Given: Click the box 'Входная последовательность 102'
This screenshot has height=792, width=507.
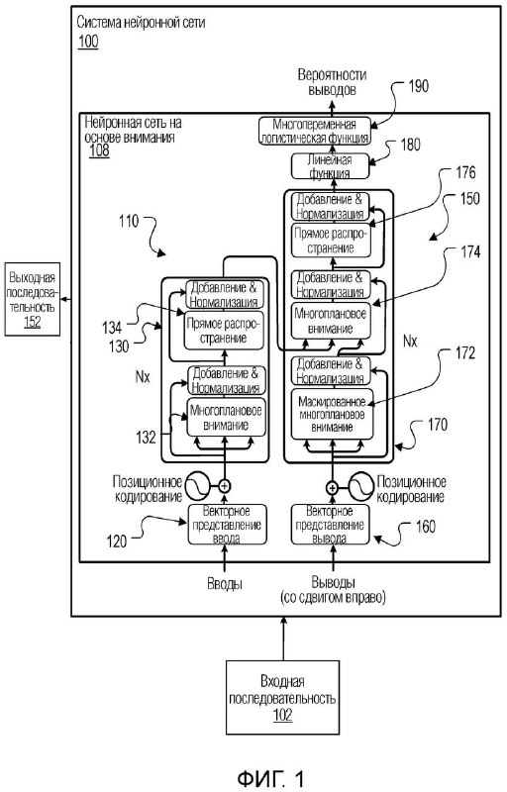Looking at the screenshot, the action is [282, 697].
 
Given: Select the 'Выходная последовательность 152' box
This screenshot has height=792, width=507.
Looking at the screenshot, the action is [33, 299].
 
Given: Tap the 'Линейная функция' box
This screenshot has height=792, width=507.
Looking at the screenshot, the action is [331, 166].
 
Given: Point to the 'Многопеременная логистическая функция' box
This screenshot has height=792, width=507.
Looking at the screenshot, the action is [315, 131].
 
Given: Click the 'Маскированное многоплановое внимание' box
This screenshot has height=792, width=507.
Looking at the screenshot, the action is [333, 414].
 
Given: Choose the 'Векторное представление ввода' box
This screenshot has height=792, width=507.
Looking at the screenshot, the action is [227, 525].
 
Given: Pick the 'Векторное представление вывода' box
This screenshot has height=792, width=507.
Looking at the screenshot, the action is [331, 525].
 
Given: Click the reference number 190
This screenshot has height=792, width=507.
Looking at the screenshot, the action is [418, 86].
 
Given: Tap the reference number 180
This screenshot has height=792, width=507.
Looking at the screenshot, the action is [410, 145].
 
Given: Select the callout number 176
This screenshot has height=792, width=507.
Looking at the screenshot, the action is [465, 172].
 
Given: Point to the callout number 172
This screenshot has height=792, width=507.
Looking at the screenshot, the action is [465, 353].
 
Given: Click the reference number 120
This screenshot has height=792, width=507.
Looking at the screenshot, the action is [117, 542].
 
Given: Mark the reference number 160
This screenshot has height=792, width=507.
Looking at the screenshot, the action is [425, 527].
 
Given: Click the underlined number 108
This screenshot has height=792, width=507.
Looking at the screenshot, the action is [99, 150].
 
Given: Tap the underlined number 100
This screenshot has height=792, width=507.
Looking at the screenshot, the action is [88, 41].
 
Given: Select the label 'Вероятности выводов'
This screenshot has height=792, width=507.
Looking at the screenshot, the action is [332, 82].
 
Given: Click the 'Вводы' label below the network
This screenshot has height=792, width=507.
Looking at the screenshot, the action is [225, 584].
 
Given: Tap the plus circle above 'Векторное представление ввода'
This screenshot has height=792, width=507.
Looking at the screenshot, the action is [225, 486].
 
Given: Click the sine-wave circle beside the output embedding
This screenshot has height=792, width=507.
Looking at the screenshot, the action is [361, 486].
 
